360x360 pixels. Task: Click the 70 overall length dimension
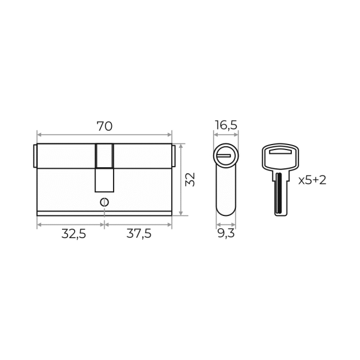(105, 126)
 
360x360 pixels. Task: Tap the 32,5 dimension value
(74, 234)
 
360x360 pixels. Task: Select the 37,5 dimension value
(139, 234)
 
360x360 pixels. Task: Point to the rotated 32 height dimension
(190, 179)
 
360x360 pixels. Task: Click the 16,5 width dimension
(226, 125)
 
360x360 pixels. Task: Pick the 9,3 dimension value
(226, 234)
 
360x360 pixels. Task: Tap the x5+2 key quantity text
(312, 180)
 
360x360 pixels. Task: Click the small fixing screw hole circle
(105, 202)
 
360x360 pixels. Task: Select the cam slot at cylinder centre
(105, 168)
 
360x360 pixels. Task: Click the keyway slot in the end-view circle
(224, 156)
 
